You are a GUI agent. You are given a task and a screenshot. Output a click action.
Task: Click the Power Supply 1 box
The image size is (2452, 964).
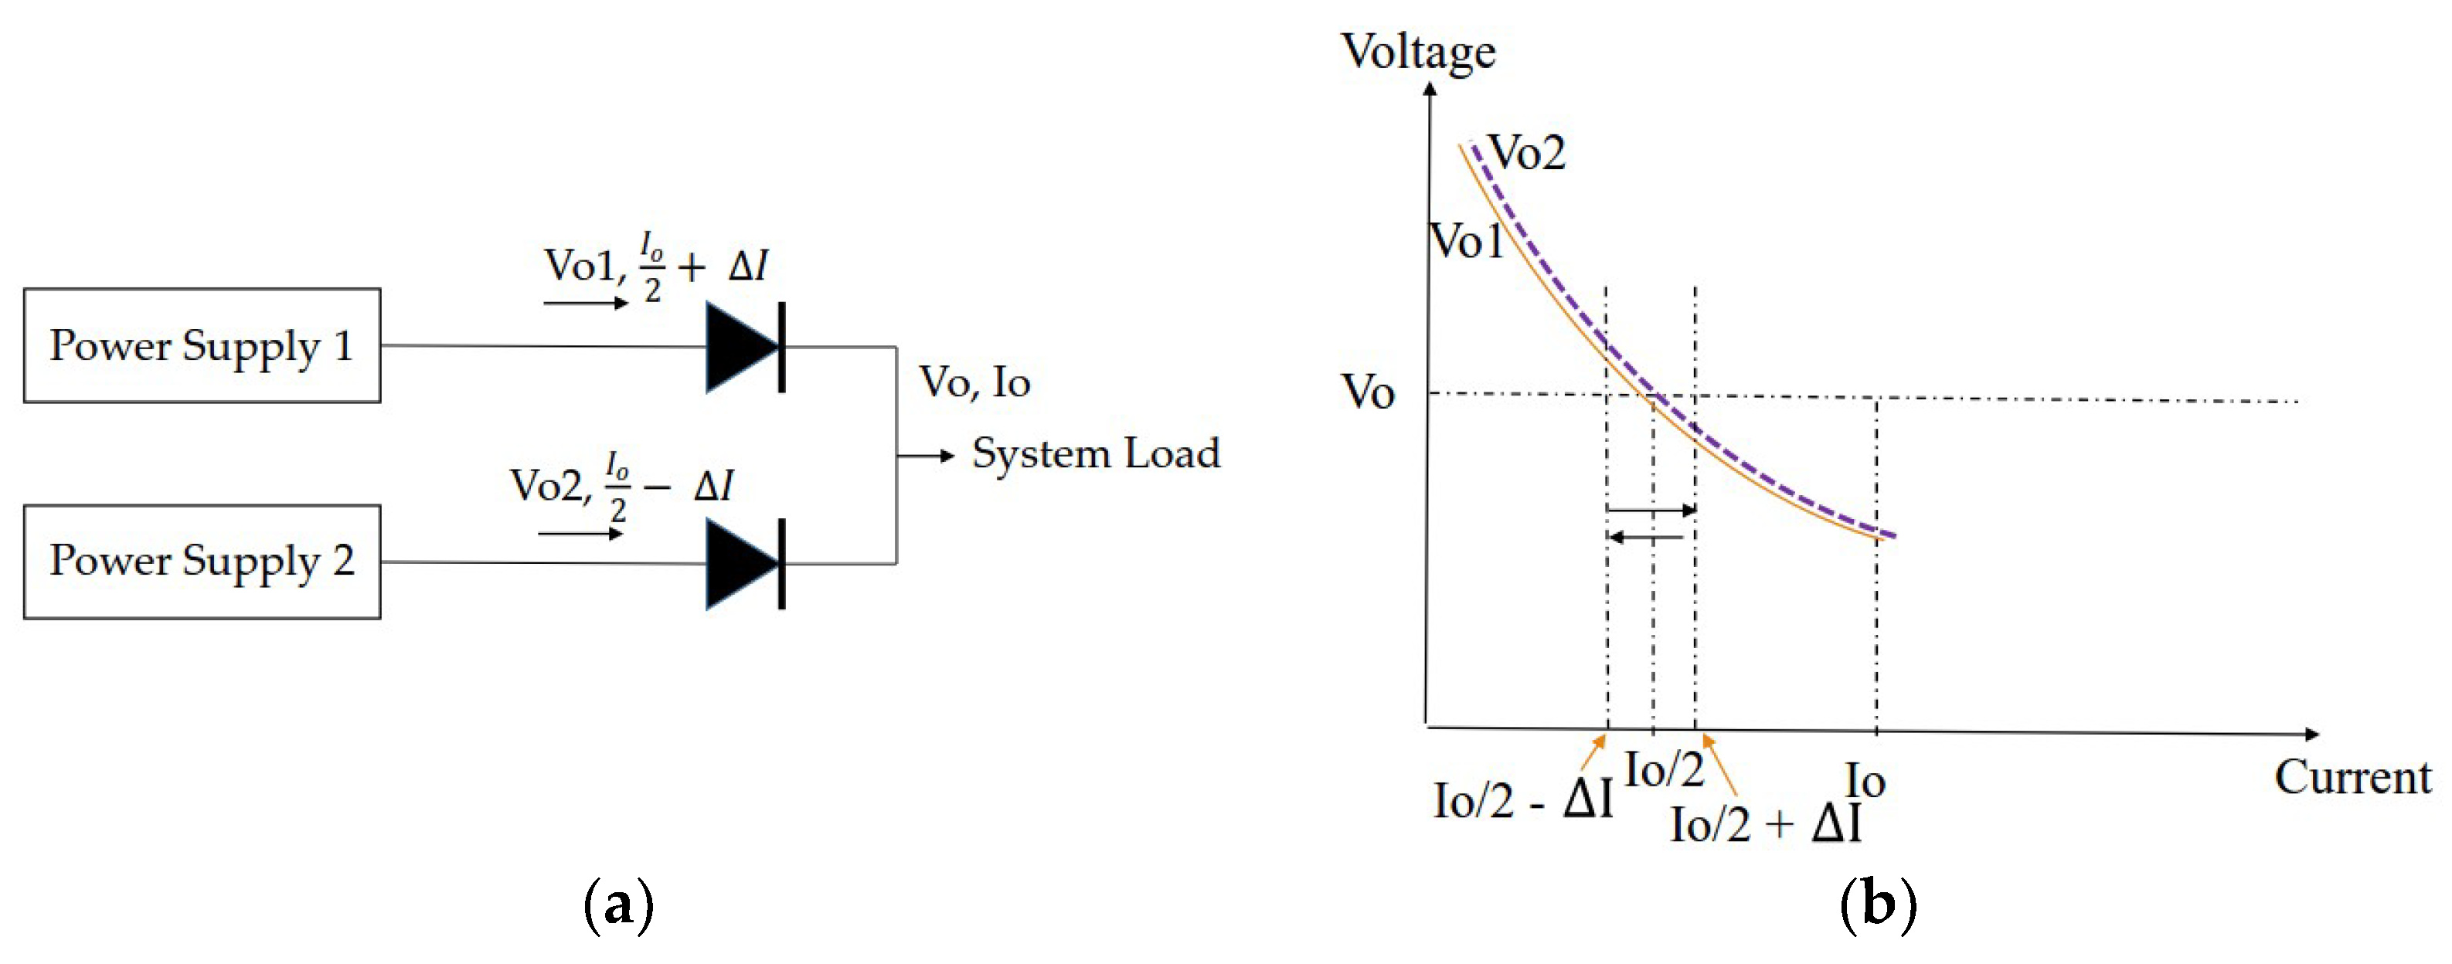pyautogui.click(x=202, y=345)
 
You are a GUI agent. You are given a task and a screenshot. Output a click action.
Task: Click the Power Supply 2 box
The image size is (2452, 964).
pyautogui.click(x=202, y=562)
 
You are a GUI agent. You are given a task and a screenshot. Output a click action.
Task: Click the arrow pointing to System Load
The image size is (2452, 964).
pyautogui.click(x=925, y=456)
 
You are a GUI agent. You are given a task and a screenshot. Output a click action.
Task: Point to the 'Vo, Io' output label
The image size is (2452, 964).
pyautogui.click(x=974, y=382)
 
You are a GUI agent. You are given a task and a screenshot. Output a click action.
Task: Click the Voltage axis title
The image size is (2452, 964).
pyautogui.click(x=1417, y=52)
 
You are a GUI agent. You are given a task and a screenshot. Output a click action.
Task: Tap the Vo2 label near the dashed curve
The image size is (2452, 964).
pyautogui.click(x=1527, y=152)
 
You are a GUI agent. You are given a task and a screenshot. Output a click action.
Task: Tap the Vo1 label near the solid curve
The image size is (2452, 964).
pyautogui.click(x=1467, y=242)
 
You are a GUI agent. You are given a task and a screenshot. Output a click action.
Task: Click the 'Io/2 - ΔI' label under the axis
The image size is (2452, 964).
pyautogui.click(x=1523, y=799)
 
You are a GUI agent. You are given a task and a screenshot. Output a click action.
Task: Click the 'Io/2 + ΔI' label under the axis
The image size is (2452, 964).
pyautogui.click(x=1765, y=824)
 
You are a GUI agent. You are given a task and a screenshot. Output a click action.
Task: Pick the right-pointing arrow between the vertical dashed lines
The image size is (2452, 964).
pyautogui.click(x=1651, y=510)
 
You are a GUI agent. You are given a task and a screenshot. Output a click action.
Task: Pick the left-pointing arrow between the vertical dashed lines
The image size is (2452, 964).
pyautogui.click(x=1647, y=538)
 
